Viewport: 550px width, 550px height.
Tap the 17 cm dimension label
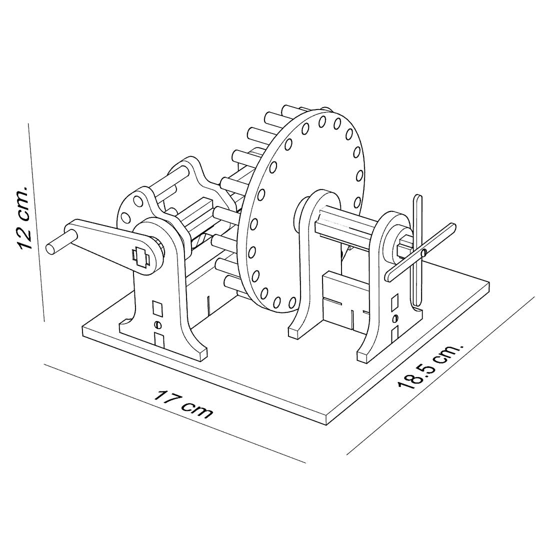click(182, 403)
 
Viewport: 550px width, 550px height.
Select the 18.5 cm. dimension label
click(430, 367)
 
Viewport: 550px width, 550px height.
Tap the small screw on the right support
click(395, 318)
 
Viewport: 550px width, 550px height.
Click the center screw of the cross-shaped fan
click(424, 252)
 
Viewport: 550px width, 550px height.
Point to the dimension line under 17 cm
click(174, 413)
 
